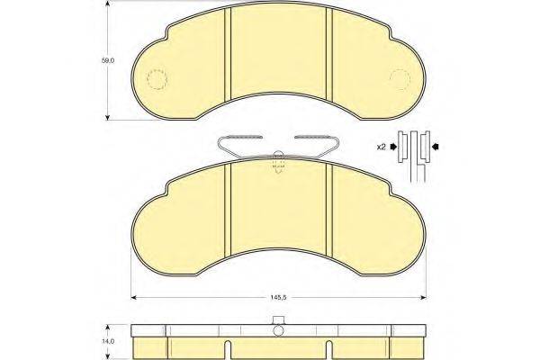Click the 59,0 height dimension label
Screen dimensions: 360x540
tap(109, 61)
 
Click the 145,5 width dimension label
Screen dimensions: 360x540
tap(278, 299)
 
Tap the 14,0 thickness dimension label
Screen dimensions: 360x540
tap(109, 342)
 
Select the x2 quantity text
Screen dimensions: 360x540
tap(382, 145)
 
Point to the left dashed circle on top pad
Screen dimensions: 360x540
tap(156, 80)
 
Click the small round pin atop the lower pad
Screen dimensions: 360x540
tap(278, 154)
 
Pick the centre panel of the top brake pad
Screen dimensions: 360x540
tap(278, 54)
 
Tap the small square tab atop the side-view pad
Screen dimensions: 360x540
tap(278, 319)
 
